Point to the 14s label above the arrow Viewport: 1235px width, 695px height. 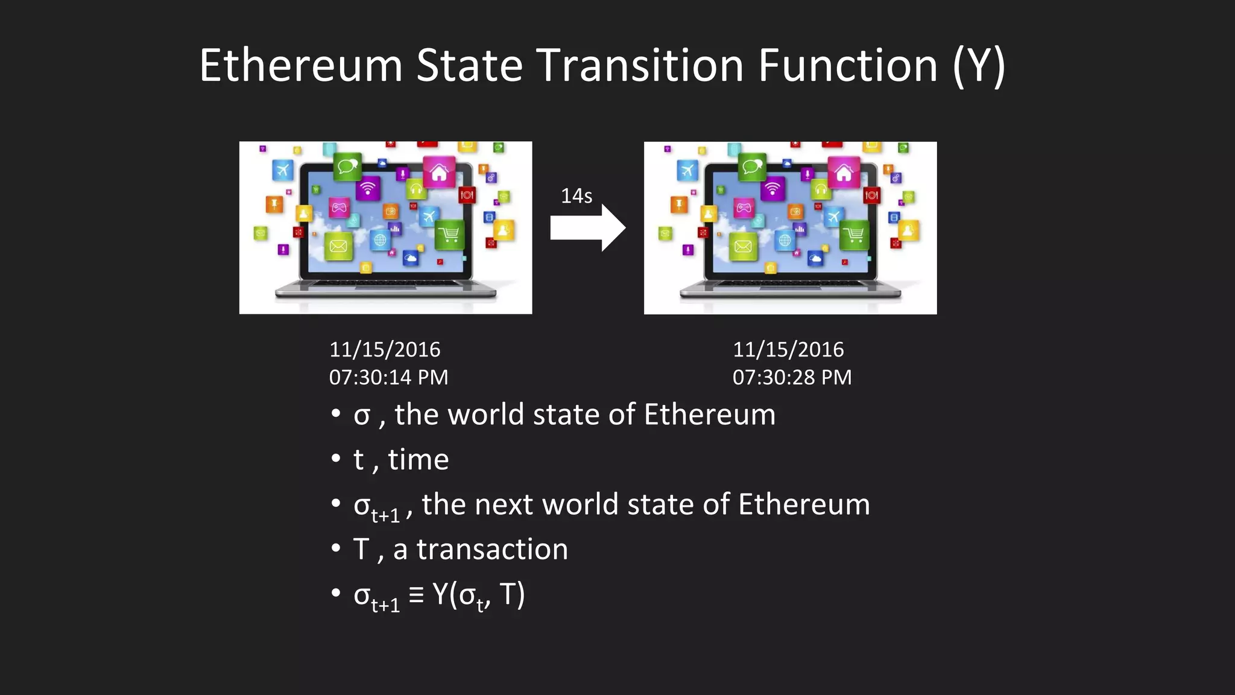click(x=576, y=196)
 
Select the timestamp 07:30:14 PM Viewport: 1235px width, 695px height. click(x=388, y=378)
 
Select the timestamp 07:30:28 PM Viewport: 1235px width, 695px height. click(x=792, y=378)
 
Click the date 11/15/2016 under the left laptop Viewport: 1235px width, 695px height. click(x=385, y=349)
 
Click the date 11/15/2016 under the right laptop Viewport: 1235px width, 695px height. click(x=788, y=349)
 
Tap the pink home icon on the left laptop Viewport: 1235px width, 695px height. click(x=439, y=173)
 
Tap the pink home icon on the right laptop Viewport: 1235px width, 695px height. click(x=844, y=173)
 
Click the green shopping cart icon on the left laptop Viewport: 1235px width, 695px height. click(x=450, y=235)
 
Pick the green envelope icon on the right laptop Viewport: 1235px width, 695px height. click(x=743, y=246)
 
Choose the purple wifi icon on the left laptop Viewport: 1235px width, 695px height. click(x=368, y=188)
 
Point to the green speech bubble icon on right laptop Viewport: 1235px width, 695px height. click(x=752, y=166)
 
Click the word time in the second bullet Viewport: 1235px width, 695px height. click(x=419, y=460)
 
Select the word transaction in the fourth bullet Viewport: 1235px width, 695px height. click(x=491, y=550)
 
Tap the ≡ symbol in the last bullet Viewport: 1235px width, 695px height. click(x=416, y=594)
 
